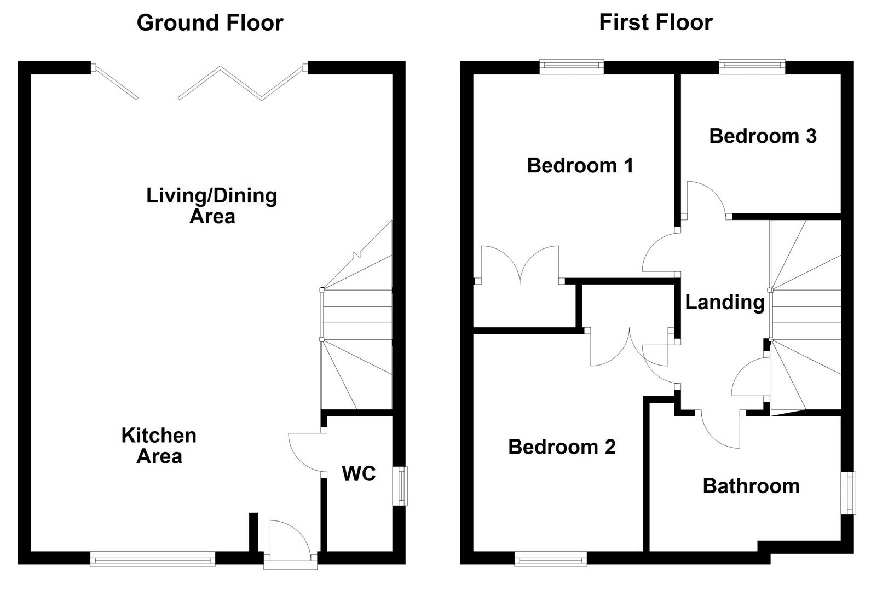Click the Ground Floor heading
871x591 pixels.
click(x=210, y=23)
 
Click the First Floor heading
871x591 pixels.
click(x=655, y=23)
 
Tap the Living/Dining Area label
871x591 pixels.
click(x=211, y=206)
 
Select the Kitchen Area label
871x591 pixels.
click(x=159, y=445)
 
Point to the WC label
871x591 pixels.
click(x=359, y=473)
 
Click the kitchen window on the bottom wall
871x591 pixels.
click(x=153, y=559)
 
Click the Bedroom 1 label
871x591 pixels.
click(x=580, y=165)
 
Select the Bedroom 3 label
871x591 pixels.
click(x=763, y=136)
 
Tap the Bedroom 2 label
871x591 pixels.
click(x=562, y=447)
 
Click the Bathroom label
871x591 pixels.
click(x=751, y=486)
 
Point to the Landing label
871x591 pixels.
click(x=724, y=302)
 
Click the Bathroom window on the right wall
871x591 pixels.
click(x=849, y=493)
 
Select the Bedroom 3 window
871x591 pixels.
click(x=752, y=66)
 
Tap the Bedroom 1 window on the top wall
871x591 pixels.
click(x=572, y=66)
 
